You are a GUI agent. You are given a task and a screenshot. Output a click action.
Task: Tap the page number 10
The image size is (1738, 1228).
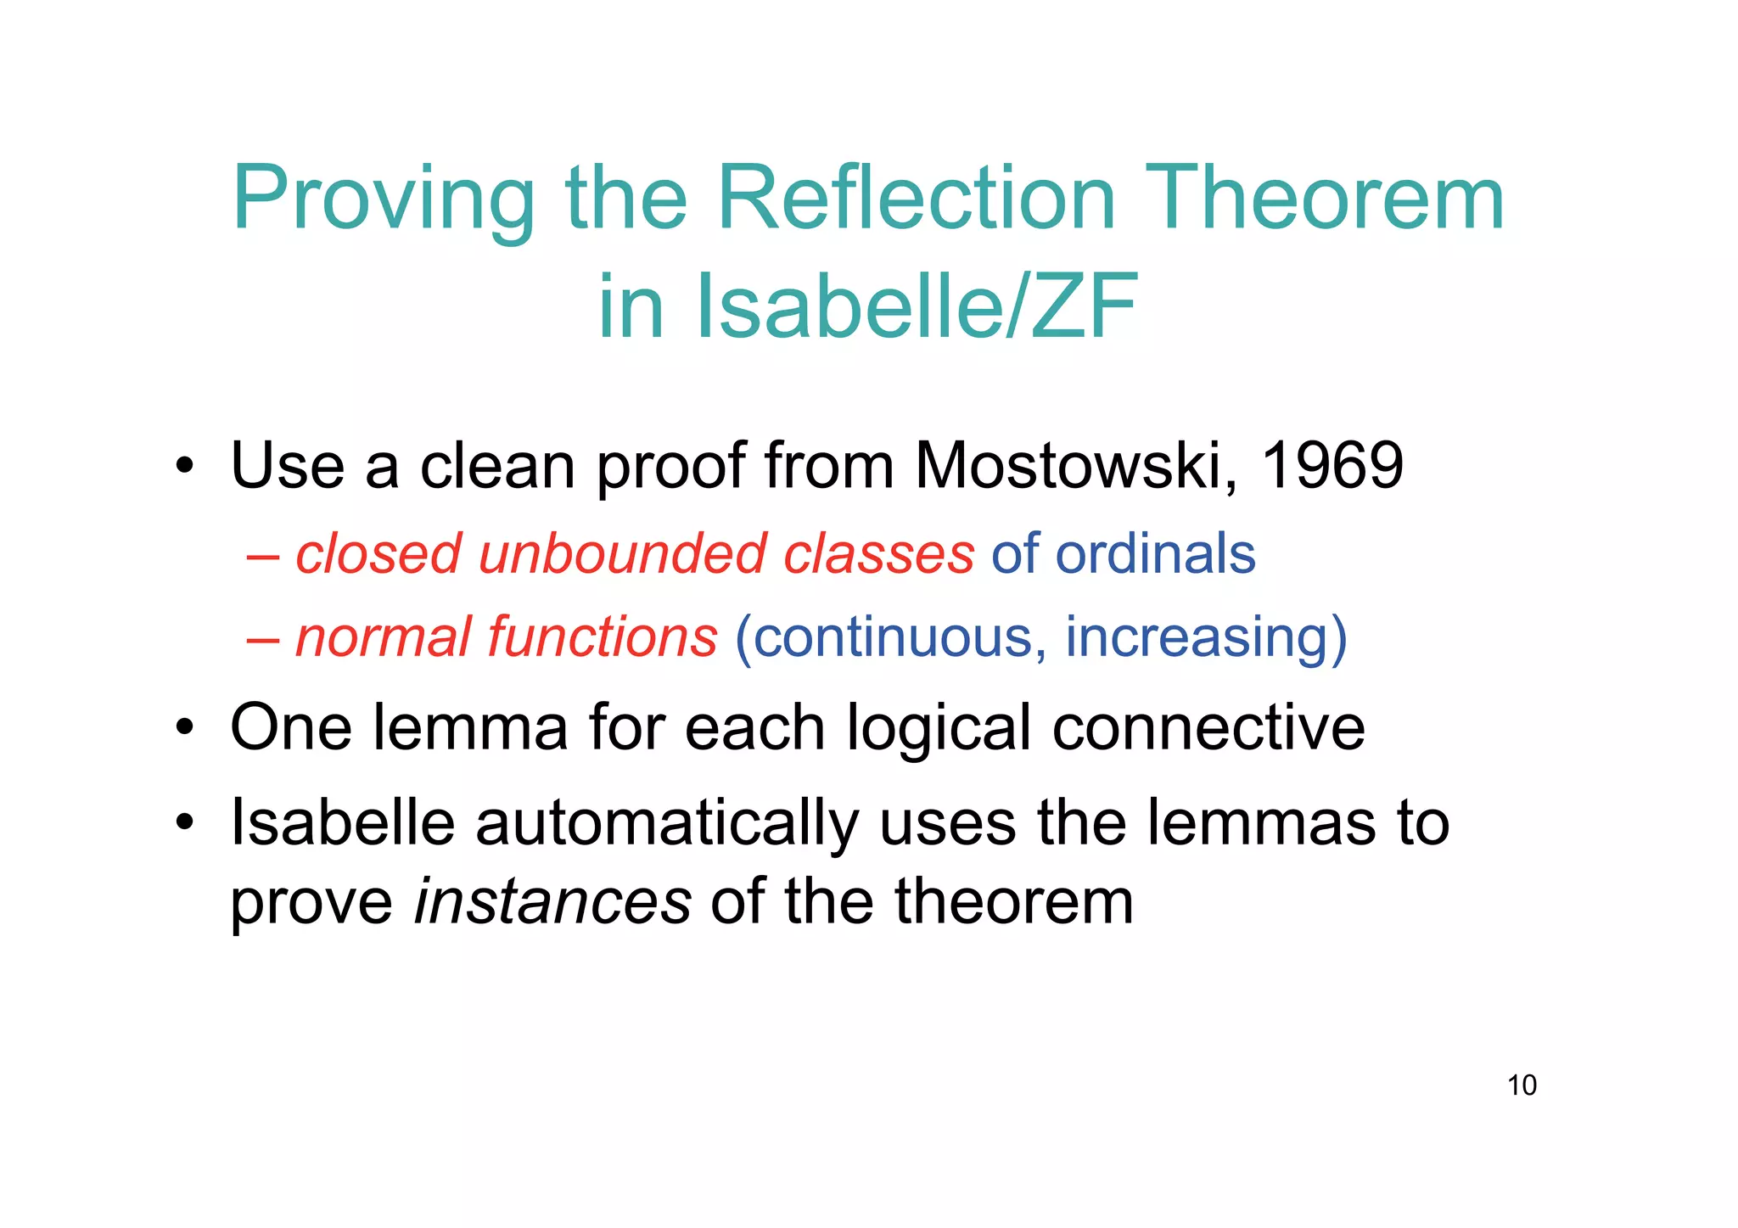[1522, 1085]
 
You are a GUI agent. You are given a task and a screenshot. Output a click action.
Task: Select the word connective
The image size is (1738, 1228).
[1208, 728]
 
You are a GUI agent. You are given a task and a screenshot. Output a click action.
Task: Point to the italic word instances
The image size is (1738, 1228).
[552, 901]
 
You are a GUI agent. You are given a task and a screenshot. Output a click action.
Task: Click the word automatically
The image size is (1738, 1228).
[667, 824]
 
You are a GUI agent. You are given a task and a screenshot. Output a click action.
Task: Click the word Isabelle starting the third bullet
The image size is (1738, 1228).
[343, 822]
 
